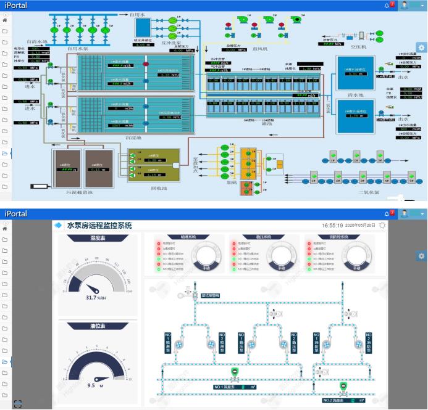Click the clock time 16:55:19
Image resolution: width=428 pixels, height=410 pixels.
pos(332,226)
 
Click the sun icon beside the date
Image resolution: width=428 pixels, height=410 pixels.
pos(382,226)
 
